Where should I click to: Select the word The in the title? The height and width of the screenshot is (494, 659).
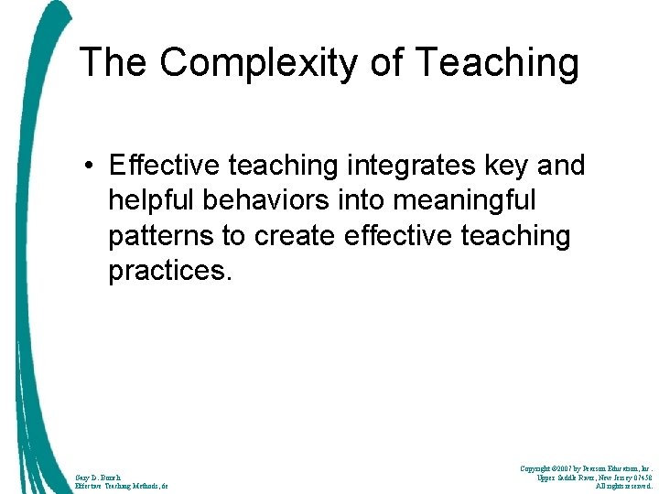click(113, 62)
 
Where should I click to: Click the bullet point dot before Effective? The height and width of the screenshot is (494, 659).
click(92, 166)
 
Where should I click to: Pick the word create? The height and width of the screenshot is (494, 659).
click(290, 235)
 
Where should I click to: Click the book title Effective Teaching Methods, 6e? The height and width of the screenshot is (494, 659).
click(123, 487)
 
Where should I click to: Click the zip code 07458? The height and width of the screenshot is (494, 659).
click(638, 477)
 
